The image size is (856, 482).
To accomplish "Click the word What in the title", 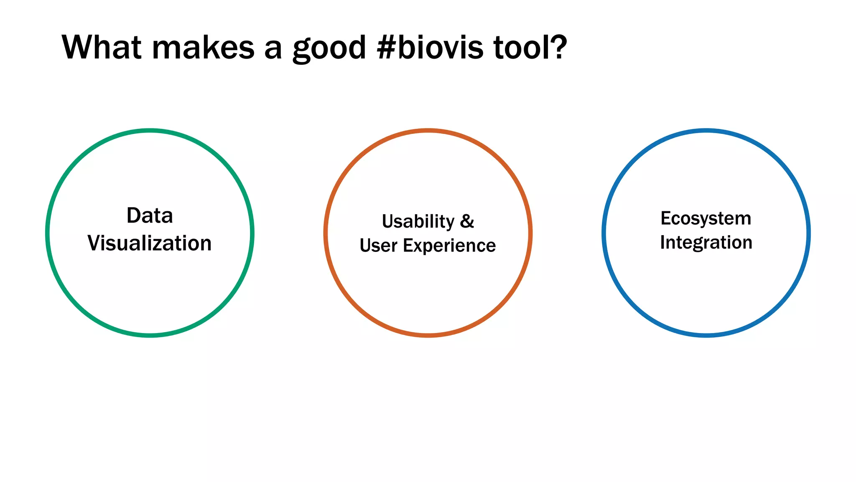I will (x=101, y=47).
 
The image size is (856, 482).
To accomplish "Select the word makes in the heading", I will (x=203, y=47).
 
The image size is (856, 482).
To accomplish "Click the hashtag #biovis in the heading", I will (x=430, y=47).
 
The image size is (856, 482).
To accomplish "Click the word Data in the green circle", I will (x=150, y=216).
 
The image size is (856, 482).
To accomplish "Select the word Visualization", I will (x=150, y=244).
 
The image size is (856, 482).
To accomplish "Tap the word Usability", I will (x=418, y=222).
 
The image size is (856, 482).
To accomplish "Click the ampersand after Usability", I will (x=467, y=221).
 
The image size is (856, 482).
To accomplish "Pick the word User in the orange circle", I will (x=378, y=246).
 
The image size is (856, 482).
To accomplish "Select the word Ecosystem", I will (x=706, y=219).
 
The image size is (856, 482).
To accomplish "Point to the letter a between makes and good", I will (x=273, y=49).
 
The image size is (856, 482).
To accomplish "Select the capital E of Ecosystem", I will (x=665, y=218).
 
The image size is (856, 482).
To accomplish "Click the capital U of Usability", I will (x=388, y=221).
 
